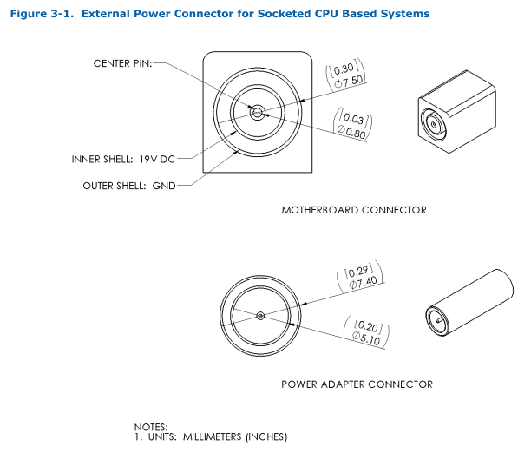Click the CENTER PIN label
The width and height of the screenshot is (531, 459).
[x=122, y=63]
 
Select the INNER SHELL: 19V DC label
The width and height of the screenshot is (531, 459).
[x=123, y=159]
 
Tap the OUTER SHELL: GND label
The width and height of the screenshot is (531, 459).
[x=129, y=186]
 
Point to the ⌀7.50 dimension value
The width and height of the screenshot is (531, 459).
[x=349, y=82]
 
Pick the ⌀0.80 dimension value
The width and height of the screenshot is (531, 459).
[x=351, y=132]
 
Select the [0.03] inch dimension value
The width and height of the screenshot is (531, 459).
[x=353, y=117]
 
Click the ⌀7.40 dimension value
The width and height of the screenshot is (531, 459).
[x=363, y=282]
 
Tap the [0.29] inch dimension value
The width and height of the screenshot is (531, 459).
[x=358, y=271]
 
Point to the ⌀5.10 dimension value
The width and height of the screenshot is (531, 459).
[x=366, y=338]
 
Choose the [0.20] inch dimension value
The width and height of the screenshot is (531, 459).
[x=368, y=325]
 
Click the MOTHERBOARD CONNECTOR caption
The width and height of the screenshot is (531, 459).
[x=354, y=210]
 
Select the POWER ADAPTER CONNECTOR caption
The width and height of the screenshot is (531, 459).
[x=357, y=384]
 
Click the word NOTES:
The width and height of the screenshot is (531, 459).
[x=151, y=427]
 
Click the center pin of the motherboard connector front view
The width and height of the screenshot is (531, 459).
[x=258, y=113]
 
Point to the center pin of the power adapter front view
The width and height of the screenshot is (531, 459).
[x=260, y=316]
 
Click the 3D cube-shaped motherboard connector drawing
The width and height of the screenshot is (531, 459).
[x=457, y=112]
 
